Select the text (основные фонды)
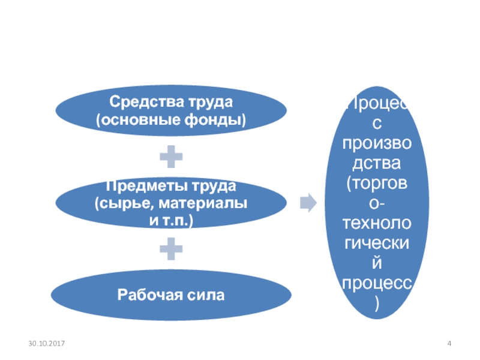tap(171, 120)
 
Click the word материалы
tap(203, 203)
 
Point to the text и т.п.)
tap(171, 220)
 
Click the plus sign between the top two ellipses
tap(171, 157)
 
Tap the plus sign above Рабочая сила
tap(171, 248)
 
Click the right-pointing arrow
tap(308, 202)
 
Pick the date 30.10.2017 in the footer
tap(47, 343)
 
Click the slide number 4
tap(449, 343)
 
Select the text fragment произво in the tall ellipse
tap(377, 143)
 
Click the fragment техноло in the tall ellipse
tap(377, 223)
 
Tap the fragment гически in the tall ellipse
tap(377, 244)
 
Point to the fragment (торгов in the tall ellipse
tap(377, 184)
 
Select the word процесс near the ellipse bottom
tap(377, 284)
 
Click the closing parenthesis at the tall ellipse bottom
tap(377, 304)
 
